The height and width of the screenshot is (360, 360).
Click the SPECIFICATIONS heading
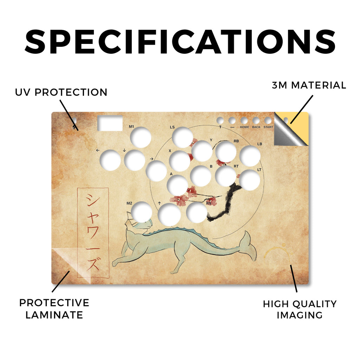[x=180, y=42]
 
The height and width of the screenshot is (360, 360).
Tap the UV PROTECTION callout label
[x=61, y=92]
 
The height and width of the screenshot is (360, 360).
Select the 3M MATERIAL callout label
[x=309, y=85]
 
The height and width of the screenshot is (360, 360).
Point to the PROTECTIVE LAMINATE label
[x=54, y=309]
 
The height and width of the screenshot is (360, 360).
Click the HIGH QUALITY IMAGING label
[x=300, y=309]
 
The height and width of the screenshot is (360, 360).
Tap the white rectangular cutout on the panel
[x=110, y=123]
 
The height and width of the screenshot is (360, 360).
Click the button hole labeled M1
[x=141, y=137]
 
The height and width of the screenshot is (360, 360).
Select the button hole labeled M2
[x=141, y=212]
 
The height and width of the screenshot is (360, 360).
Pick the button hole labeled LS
[x=182, y=137]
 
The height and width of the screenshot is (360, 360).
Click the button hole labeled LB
[x=250, y=156]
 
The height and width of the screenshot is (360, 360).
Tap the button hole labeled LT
[x=250, y=180]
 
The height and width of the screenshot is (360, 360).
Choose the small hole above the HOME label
[x=244, y=121]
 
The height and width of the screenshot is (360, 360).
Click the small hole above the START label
[x=268, y=121]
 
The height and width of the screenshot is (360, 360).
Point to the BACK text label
[x=256, y=127]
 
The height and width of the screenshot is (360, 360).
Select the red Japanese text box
[x=93, y=233]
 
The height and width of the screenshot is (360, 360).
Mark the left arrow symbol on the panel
[x=98, y=150]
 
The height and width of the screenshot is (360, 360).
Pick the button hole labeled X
[x=180, y=161]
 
